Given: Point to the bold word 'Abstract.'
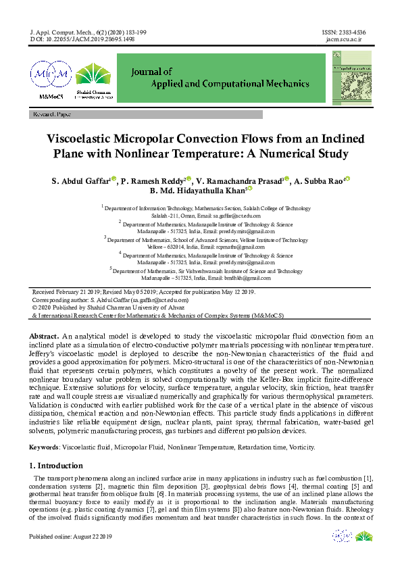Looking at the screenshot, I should pyautogui.click(x=45, y=336).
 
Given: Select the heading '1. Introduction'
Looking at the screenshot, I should pyautogui.click(x=56, y=466).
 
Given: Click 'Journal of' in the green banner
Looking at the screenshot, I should pyautogui.click(x=153, y=71).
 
